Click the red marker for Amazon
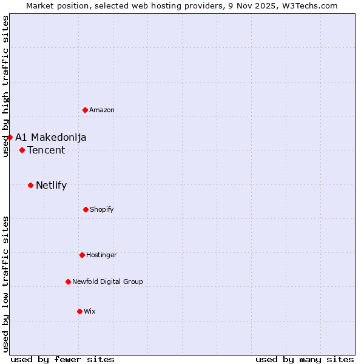[x=85, y=110]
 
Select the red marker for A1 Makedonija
[x=10, y=137]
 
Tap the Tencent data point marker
[x=22, y=150]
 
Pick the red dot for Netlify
[x=30, y=185]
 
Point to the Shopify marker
[x=86, y=209]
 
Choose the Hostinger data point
[x=82, y=255]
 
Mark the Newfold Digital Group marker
[x=68, y=281]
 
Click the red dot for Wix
[x=79, y=311]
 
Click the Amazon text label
[x=102, y=110]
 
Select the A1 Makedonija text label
[x=51, y=137]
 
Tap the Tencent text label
[x=46, y=150]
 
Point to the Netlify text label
[x=52, y=185]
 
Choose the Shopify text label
[x=102, y=209]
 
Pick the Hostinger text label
[x=101, y=255]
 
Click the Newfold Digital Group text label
[x=108, y=281]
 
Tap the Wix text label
[x=90, y=311]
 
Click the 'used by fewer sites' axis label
[x=62, y=359]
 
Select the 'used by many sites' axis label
[x=305, y=359]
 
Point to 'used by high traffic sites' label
[x=5, y=86]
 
